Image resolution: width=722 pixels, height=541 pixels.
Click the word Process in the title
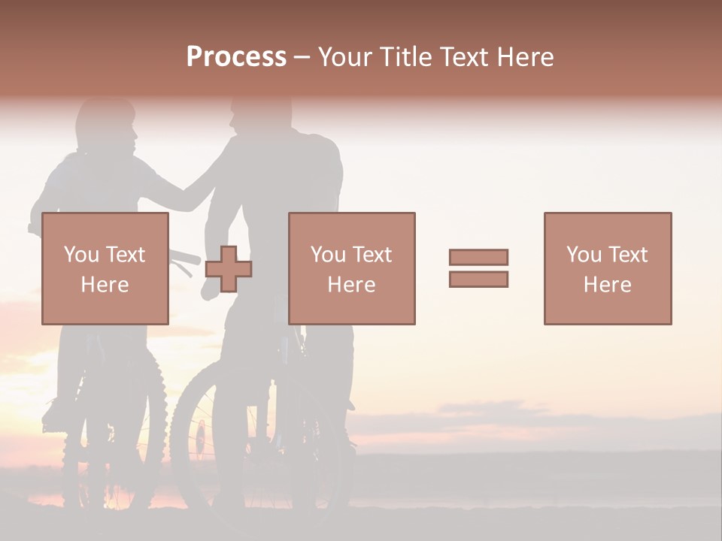(236, 57)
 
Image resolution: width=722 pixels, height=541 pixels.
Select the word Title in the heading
(407, 57)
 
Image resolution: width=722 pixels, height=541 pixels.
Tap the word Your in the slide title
(347, 57)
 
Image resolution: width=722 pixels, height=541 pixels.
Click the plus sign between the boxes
(229, 268)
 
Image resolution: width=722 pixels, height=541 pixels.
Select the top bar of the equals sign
(478, 257)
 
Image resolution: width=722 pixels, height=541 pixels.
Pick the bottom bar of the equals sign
(478, 279)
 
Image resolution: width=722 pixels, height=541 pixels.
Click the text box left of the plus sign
(105, 268)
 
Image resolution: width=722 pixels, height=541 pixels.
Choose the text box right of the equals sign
(607, 268)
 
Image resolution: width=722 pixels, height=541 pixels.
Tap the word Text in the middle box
(372, 255)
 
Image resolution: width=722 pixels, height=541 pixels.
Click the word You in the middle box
(328, 255)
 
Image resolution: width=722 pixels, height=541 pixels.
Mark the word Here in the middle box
(351, 285)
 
